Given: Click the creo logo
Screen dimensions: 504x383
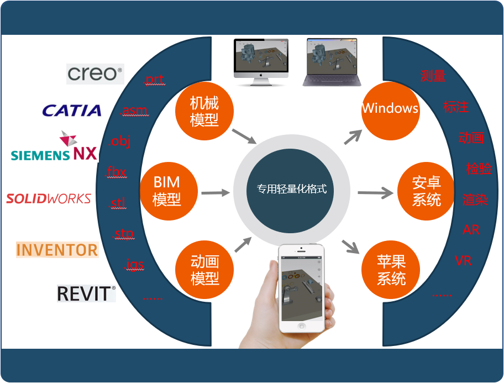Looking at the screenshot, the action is pos(95,74).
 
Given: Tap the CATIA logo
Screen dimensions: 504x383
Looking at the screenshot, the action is pos(72,111).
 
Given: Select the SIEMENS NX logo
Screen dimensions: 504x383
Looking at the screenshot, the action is pos(54,146).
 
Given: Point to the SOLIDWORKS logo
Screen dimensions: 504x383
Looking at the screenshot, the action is pos(49,199).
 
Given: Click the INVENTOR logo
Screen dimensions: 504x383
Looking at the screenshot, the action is pos(57,250).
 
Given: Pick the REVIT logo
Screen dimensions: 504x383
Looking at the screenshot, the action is pos(86,293).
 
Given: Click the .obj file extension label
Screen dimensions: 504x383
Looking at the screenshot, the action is pos(119,141).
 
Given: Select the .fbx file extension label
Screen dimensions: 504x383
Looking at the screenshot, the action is pos(116,172).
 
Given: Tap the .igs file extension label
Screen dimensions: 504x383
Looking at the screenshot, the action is pos(134,264).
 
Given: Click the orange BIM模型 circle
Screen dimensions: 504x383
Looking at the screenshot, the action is pos(169,191).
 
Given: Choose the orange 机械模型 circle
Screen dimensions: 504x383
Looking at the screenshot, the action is pos(204,111).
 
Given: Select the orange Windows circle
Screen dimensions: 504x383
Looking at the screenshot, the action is pos(391,111).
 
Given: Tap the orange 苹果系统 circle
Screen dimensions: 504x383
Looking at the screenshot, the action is pos(391,270).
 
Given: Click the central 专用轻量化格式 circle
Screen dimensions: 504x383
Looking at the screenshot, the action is pos(290,191).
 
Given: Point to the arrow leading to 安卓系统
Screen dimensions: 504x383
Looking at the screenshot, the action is pos(375,193).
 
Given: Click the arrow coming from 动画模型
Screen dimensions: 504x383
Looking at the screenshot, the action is pos(243,245).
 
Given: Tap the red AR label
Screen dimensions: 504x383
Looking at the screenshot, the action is pos(471,229).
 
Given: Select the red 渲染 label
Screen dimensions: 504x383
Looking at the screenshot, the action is pos(475,200).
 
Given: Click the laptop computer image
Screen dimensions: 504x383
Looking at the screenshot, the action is pos(332,62).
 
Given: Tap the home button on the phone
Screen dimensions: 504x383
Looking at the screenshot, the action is pos(302,326).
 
